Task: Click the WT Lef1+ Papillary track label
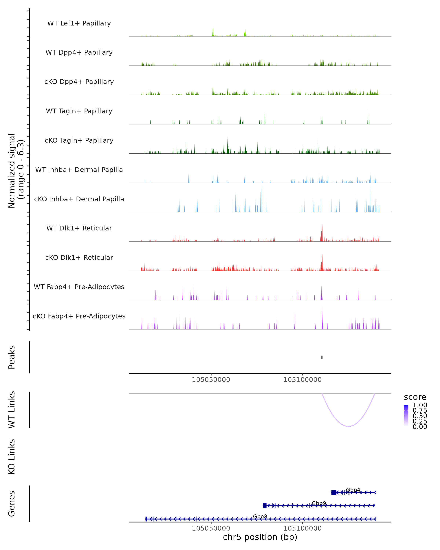click(79, 23)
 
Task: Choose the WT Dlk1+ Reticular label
click(79, 228)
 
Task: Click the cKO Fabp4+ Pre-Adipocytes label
click(79, 316)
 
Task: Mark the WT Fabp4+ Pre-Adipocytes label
click(79, 287)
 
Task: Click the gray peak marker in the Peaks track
click(322, 357)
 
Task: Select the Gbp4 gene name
click(353, 490)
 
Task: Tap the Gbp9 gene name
click(319, 503)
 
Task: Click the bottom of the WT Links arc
click(349, 426)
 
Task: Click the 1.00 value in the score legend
click(420, 405)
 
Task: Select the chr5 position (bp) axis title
click(260, 537)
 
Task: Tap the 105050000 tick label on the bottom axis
click(211, 528)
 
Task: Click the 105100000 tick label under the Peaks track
click(302, 380)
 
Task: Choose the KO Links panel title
click(12, 457)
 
